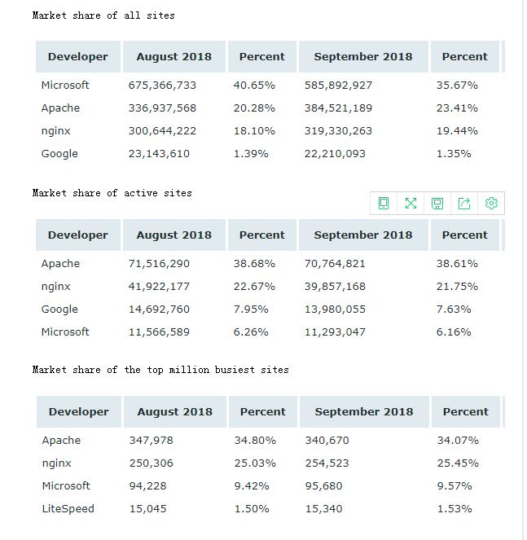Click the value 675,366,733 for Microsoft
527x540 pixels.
[x=162, y=85]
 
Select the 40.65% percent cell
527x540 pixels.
[x=254, y=85]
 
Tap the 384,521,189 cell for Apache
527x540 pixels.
[x=338, y=108]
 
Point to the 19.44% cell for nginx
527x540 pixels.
[x=457, y=131]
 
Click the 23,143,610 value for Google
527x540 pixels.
[x=159, y=154]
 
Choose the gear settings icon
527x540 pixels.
[x=491, y=203]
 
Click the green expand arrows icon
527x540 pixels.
[x=411, y=203]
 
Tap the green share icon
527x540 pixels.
[x=464, y=203]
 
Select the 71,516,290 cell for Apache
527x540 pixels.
[x=159, y=263]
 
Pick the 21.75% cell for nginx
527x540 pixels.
[x=457, y=286]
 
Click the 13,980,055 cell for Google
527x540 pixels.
[x=335, y=310]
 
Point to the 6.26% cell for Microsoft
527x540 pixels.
[x=251, y=332]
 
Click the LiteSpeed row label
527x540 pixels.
[x=68, y=509]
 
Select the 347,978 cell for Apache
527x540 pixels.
[x=152, y=440]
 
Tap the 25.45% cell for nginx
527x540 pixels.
[x=458, y=463]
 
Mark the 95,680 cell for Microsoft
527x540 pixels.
[x=324, y=486]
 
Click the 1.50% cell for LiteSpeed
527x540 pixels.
[x=252, y=509]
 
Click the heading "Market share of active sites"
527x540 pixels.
[x=112, y=193]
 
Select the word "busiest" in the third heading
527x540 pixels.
[x=235, y=370]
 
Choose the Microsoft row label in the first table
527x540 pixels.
[x=65, y=85]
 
